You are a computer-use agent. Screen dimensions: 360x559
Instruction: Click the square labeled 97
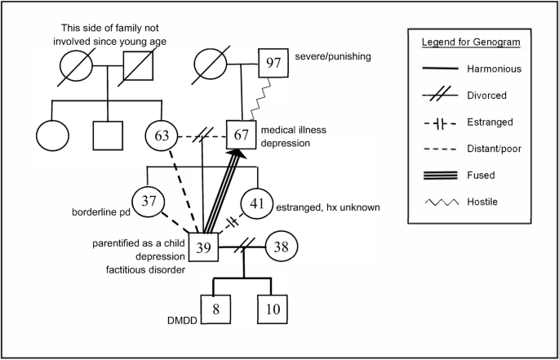pos(276,61)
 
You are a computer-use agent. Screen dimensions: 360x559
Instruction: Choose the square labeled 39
pos(206,247)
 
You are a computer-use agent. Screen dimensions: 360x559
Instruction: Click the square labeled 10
pos(273,310)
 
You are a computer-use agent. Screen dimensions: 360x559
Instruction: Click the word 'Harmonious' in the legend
pos(493,70)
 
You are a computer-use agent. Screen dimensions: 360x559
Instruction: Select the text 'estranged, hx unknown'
pos(336,207)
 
